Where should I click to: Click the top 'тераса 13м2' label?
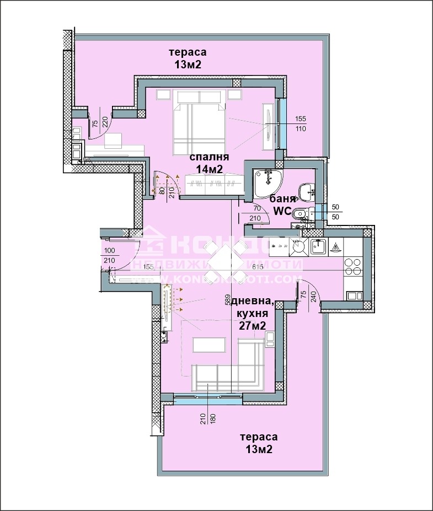(188, 58)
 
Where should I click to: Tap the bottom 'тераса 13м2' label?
(259, 443)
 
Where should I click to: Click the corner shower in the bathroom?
(268, 182)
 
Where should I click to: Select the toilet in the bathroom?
(297, 214)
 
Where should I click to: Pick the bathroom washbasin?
(304, 191)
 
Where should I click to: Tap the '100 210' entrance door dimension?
(109, 256)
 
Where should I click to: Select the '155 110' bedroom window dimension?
(300, 123)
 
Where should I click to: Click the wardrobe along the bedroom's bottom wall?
(213, 185)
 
